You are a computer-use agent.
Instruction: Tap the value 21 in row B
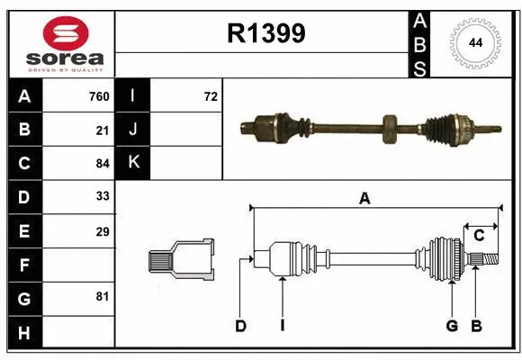tap(103, 130)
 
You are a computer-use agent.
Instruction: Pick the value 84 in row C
tap(103, 163)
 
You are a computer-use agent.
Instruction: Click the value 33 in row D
tap(103, 197)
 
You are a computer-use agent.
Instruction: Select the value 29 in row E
tap(103, 231)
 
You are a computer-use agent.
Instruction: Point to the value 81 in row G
tap(103, 296)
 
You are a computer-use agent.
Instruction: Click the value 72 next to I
tap(211, 96)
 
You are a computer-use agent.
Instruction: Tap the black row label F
tap(24, 265)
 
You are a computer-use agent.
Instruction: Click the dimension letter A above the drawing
tap(364, 199)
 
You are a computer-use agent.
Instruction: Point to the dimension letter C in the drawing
tap(479, 236)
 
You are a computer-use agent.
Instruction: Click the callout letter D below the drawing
tap(240, 326)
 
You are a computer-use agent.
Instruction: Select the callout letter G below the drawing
tap(452, 326)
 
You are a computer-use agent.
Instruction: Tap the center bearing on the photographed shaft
tap(389, 128)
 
